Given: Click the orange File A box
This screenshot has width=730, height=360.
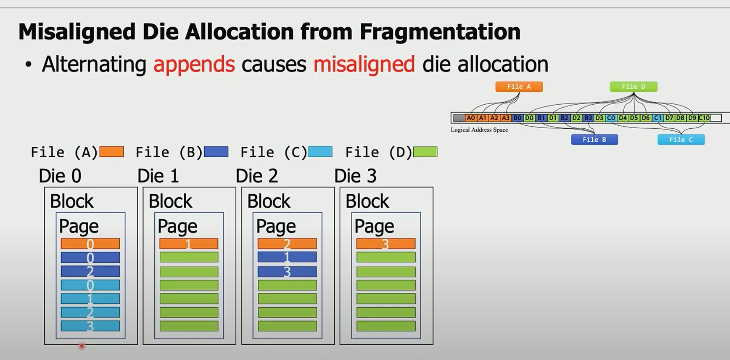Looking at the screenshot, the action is pos(519,87).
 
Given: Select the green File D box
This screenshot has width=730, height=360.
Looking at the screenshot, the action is pos(633,87).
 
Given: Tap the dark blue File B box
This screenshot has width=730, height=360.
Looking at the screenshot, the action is pos(594,140).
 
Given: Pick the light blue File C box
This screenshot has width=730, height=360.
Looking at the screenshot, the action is pos(681,140).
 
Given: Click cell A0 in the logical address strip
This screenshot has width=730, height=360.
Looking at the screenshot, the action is pos(471,118).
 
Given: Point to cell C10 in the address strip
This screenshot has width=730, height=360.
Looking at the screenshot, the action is pos(704,118).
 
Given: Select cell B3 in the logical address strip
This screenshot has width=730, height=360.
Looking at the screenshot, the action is pos(588,118).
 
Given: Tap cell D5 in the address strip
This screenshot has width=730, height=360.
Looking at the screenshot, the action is pos(634,118).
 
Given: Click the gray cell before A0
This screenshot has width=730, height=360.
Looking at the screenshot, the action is pos(459,118).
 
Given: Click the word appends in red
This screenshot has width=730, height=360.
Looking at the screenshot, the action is pos(194,64).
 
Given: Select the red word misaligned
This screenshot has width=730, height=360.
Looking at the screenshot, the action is pos(364,64).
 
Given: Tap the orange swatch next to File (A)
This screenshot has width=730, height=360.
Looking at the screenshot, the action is pos(112,152).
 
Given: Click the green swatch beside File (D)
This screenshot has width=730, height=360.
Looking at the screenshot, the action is pos(425,152).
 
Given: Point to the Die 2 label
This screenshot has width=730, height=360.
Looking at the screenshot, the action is pos(257,176).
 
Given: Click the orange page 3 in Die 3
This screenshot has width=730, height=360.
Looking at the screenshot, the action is pos(386,244).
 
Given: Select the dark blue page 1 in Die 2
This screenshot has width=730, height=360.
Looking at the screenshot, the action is pos(287,257).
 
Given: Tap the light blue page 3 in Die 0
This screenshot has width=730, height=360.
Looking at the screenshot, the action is pos(90,326).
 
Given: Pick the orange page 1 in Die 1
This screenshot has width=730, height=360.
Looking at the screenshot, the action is pos(189,244).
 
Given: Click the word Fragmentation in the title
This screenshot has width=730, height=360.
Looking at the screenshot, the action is pos(440,32).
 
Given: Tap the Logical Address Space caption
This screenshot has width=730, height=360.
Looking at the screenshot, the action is pos(479,130).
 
